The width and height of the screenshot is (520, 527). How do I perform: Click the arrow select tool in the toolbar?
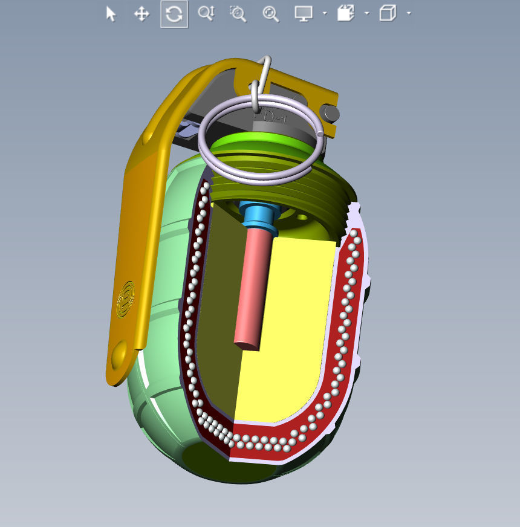pyautogui.click(x=111, y=14)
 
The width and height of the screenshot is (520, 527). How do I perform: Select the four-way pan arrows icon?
pyautogui.click(x=141, y=14)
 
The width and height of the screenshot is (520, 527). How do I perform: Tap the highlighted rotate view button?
pyautogui.click(x=174, y=14)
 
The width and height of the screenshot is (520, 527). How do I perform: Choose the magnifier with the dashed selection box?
pyautogui.click(x=238, y=14)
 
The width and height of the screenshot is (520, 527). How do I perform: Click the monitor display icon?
pyautogui.click(x=303, y=13)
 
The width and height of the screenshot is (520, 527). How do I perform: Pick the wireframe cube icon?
pyautogui.click(x=388, y=13)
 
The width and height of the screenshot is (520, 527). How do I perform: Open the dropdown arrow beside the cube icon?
pyautogui.click(x=409, y=13)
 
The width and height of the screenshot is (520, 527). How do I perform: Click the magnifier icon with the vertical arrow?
pyautogui.click(x=206, y=14)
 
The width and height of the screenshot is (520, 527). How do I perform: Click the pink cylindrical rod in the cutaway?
pyautogui.click(x=252, y=284)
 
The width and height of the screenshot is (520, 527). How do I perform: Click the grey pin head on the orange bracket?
pyautogui.click(x=331, y=113)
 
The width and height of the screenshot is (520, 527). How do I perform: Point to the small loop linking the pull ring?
pyautogui.click(x=256, y=97)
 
